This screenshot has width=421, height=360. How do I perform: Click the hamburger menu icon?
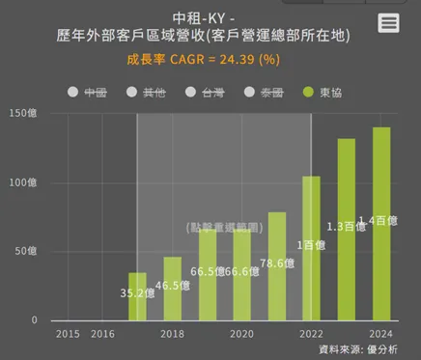pos(389,23)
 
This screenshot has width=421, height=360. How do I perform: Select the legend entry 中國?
pos(87,93)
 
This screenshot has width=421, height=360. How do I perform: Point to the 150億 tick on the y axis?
pos(21,114)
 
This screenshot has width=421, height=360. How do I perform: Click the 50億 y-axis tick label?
pos(24,252)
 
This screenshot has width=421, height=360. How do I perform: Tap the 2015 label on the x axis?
pos(68,334)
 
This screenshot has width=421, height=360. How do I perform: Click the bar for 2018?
pos(172,289)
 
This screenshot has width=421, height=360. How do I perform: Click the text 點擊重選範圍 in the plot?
pos(224,227)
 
